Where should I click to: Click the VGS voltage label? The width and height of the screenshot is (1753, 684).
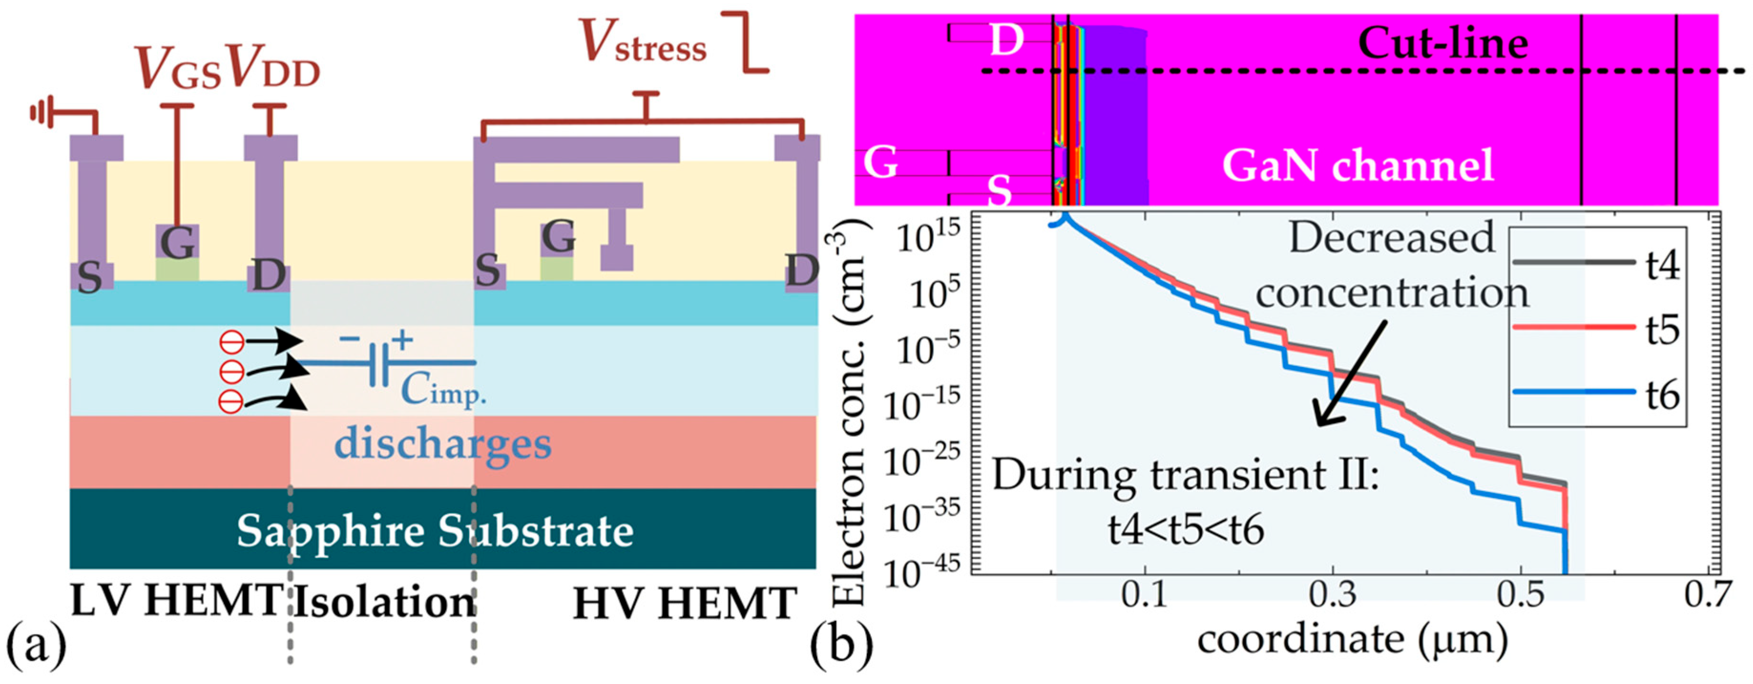tap(178, 69)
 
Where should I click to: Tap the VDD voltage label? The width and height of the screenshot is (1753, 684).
tap(272, 69)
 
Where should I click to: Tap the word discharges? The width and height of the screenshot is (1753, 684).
tap(442, 444)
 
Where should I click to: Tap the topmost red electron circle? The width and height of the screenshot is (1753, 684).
tap(231, 342)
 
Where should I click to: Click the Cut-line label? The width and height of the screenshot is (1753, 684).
tap(1443, 43)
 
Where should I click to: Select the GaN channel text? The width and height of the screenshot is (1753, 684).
tap(1357, 165)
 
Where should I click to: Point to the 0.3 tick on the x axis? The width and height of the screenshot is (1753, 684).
tap(1333, 596)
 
